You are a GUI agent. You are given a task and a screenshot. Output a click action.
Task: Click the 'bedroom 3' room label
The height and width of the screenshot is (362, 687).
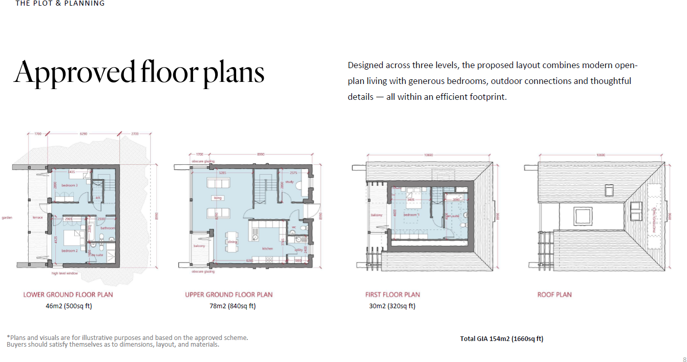(x=70, y=185)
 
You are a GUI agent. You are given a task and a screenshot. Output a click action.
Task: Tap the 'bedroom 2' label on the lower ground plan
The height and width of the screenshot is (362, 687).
(x=70, y=251)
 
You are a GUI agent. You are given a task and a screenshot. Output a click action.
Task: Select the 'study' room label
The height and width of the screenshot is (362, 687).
(x=289, y=181)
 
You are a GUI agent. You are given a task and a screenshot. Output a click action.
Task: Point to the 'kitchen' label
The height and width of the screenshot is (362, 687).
(x=268, y=248)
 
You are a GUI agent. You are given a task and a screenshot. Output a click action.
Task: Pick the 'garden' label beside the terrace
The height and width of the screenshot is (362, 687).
(x=7, y=218)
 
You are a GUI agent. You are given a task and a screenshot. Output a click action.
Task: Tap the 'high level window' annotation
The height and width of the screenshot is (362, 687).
(x=65, y=273)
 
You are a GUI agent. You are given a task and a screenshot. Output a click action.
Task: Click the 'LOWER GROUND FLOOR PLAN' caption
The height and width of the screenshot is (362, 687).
(x=68, y=294)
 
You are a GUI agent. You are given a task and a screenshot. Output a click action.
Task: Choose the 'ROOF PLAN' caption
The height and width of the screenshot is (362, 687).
(x=554, y=294)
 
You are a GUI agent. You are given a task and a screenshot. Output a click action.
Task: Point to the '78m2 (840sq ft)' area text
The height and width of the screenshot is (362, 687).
(x=228, y=306)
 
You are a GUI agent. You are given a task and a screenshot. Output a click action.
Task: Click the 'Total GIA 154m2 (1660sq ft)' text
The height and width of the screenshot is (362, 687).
(x=502, y=338)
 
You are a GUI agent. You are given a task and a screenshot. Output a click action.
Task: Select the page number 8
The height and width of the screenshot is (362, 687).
(x=684, y=359)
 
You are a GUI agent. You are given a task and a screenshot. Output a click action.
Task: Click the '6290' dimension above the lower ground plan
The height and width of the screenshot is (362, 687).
(x=84, y=134)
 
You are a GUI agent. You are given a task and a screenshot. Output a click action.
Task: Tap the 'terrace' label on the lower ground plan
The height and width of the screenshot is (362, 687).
(x=38, y=218)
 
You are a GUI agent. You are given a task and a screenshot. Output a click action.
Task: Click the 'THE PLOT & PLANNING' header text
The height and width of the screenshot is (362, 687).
(x=60, y=4)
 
